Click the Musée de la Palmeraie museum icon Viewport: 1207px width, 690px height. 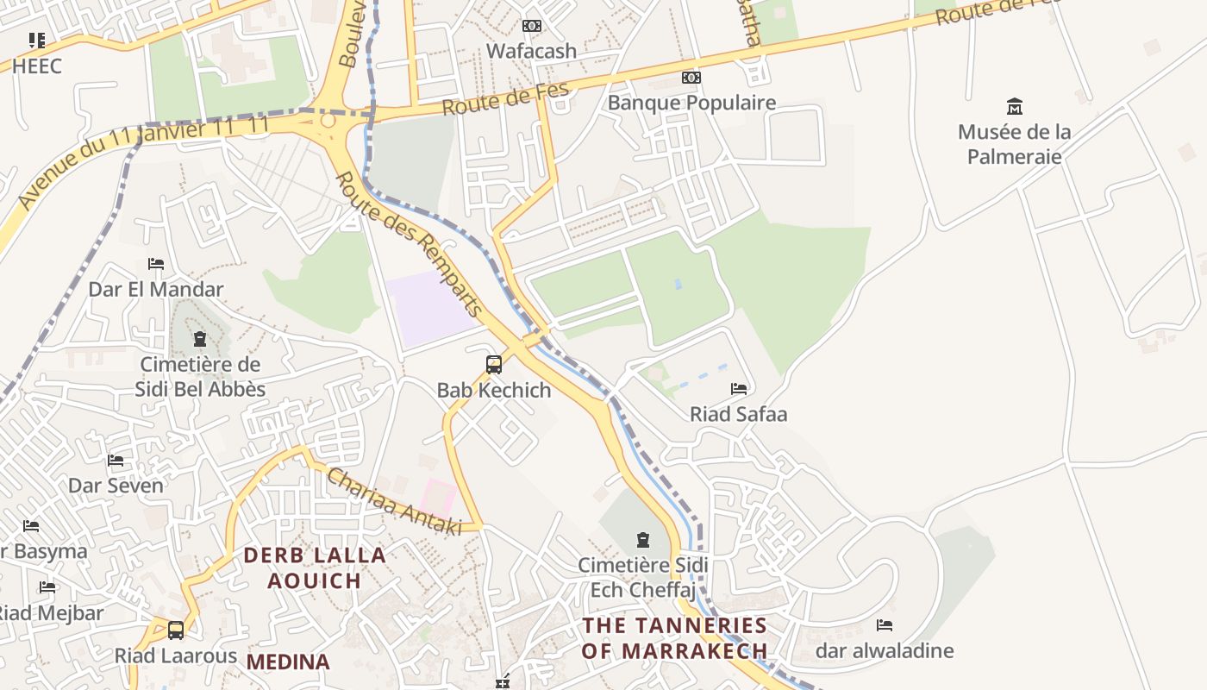pyautogui.click(x=1015, y=107)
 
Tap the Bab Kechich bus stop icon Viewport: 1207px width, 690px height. pyautogui.click(x=494, y=365)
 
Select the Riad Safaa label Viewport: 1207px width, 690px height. pyautogui.click(x=738, y=414)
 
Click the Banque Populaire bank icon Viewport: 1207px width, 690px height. pyautogui.click(x=691, y=78)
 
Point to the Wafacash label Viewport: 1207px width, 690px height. pyautogui.click(x=531, y=51)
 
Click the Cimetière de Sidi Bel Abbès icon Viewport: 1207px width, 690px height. pyautogui.click(x=200, y=338)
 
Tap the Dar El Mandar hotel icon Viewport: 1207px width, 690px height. pyautogui.click(x=156, y=264)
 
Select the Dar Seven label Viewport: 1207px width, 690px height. pyautogui.click(x=116, y=486)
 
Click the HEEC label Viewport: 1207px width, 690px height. pyautogui.click(x=37, y=66)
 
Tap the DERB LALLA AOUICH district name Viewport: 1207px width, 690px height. pyautogui.click(x=314, y=568)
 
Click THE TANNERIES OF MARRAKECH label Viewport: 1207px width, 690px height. pyautogui.click(x=674, y=637)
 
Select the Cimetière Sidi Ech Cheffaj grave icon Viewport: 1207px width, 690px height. pyautogui.click(x=642, y=541)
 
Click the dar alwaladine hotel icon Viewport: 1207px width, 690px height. pyautogui.click(x=884, y=625)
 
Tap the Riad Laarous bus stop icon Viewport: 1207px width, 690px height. pyautogui.click(x=176, y=630)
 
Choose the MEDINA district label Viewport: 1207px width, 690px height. pyautogui.click(x=288, y=662)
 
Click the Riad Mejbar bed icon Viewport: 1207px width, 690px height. pyautogui.click(x=47, y=587)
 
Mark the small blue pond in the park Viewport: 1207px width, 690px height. pyautogui.click(x=678, y=284)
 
